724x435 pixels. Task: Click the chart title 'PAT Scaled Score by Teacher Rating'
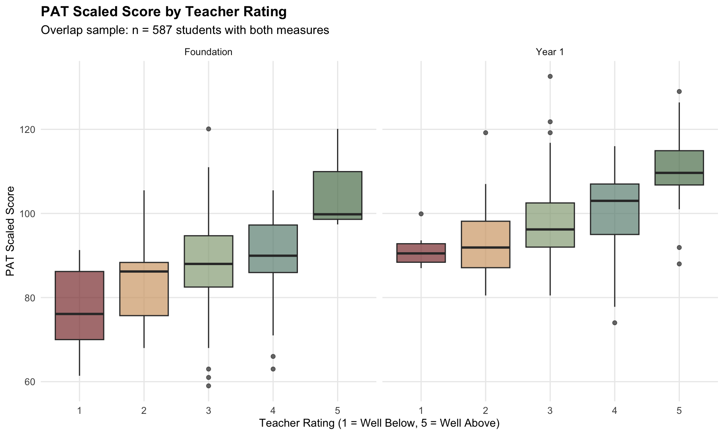[164, 12]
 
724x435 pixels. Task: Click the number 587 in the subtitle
[162, 30]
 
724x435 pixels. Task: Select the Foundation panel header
[208, 52]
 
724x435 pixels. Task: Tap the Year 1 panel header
[550, 52]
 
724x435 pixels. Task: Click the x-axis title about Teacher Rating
[379, 423]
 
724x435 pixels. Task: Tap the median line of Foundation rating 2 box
[144, 271]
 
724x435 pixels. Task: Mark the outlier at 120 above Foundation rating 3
[209, 129]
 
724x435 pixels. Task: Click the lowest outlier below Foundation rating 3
[209, 386]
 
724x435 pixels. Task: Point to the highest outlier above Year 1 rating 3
[550, 76]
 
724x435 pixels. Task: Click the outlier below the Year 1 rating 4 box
[615, 323]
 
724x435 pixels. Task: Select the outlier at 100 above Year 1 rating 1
[421, 214]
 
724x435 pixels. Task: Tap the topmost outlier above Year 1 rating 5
[679, 91]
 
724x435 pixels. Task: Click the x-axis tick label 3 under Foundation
[209, 410]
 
